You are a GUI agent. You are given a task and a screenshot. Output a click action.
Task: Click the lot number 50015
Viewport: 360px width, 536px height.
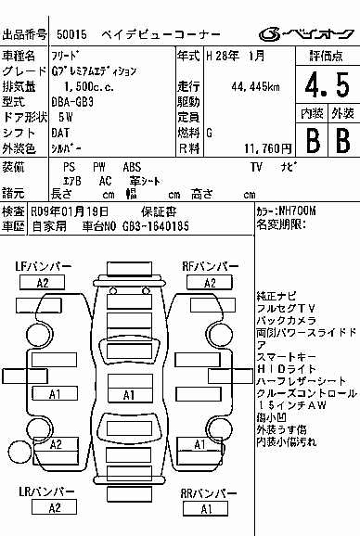[x=71, y=34]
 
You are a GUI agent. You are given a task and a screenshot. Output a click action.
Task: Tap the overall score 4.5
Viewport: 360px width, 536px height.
[x=328, y=84]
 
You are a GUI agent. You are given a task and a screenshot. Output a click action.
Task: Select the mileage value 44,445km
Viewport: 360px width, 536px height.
[x=255, y=87]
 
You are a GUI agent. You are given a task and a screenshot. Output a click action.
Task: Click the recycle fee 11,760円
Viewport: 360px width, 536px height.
[x=268, y=148]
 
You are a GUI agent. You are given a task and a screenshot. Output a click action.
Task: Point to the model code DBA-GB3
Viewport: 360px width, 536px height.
[x=72, y=102]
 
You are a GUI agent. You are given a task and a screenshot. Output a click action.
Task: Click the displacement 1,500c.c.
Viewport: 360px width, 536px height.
[x=89, y=87]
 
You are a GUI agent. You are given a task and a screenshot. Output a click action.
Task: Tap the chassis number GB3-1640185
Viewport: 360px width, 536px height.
[x=156, y=226]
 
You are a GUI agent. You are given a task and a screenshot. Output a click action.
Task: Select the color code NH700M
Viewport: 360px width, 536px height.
[x=297, y=211]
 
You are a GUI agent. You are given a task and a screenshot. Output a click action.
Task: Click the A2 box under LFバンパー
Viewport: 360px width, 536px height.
[x=42, y=283]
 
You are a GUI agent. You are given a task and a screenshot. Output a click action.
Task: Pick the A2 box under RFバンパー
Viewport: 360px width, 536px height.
[x=210, y=283]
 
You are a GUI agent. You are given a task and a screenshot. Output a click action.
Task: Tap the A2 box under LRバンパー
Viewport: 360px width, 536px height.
[x=54, y=507]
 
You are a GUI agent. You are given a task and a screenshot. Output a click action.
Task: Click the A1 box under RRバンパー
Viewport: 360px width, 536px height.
[x=205, y=509]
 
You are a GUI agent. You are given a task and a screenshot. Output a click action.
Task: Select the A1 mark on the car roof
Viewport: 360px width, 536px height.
[x=130, y=395]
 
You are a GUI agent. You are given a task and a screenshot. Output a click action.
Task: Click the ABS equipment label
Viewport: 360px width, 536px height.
[x=132, y=167]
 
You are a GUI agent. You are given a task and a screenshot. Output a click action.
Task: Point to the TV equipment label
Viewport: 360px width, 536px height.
[x=256, y=167]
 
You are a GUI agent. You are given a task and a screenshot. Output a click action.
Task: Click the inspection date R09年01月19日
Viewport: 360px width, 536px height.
[x=70, y=211]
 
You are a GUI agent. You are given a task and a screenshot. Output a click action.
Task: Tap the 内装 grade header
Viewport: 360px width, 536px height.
[x=312, y=113]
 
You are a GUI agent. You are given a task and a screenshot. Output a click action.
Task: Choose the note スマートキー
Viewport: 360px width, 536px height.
[x=287, y=357]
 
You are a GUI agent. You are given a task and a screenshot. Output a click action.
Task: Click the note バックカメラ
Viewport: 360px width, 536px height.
[x=287, y=320]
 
